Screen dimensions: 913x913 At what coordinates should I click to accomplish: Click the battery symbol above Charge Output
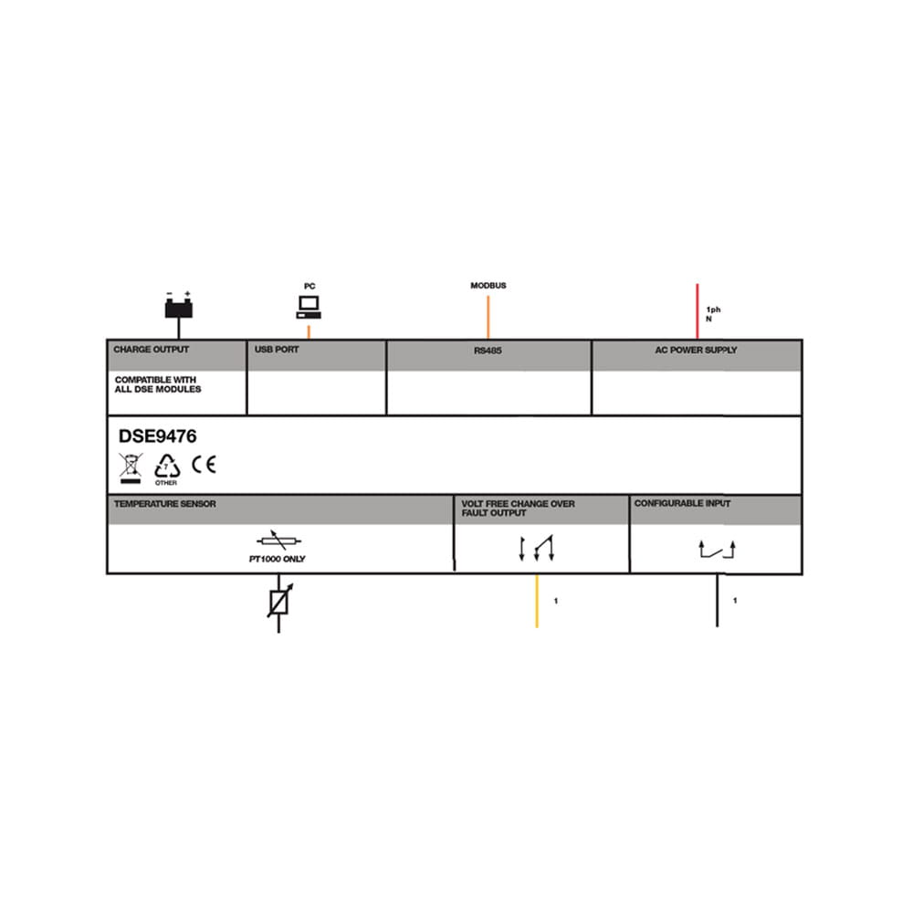point(179,306)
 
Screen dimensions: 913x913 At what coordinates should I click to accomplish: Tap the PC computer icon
point(309,307)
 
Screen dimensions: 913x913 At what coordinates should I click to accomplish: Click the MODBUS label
point(488,285)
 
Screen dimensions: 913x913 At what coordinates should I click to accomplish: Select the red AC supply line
point(697,311)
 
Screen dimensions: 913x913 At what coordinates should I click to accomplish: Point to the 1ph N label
point(713,314)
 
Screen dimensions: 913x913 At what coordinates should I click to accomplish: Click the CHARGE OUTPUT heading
point(152,350)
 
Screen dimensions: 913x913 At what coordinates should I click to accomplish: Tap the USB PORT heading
point(277,350)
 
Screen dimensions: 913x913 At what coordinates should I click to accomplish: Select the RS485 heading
point(488,351)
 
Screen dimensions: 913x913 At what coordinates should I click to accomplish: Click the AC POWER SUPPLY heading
point(696,350)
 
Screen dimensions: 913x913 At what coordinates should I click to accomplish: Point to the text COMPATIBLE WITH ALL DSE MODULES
point(158,384)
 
